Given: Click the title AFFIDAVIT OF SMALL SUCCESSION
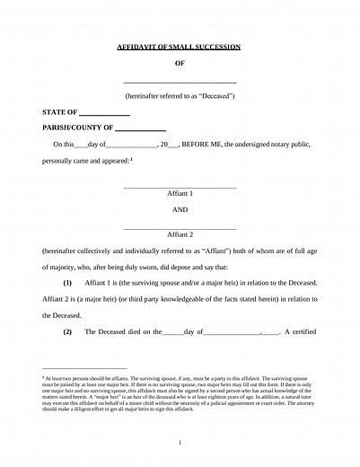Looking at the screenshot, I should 180,45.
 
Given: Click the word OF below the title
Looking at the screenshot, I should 180,64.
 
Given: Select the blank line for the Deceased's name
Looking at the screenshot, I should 180,83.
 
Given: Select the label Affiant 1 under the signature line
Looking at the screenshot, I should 180,194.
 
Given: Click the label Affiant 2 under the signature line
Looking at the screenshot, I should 180,233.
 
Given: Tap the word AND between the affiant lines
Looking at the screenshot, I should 180,209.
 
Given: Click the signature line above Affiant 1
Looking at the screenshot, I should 180,187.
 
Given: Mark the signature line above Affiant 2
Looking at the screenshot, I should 180,227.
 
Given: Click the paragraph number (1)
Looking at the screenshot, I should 66,282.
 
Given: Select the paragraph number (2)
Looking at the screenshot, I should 66,332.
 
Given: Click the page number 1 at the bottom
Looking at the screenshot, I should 180,443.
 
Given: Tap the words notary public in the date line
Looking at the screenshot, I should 297,145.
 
